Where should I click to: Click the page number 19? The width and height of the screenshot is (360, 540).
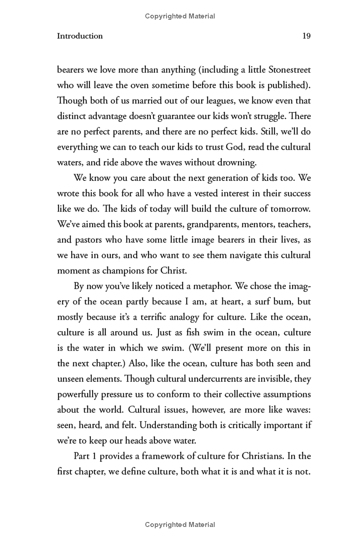coord(306,36)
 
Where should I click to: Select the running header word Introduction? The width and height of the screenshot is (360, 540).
coord(80,36)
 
